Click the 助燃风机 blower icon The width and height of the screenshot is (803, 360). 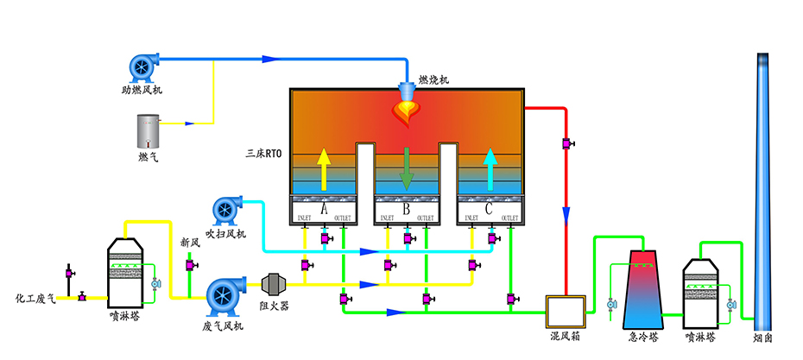(x=143, y=66)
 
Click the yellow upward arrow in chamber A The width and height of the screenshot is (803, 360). (x=323, y=167)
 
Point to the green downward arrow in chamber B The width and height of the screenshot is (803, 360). (x=406, y=167)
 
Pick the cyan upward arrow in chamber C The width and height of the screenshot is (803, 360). (x=490, y=167)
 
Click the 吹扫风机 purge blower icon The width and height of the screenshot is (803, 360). (x=227, y=211)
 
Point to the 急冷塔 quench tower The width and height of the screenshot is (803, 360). (x=642, y=289)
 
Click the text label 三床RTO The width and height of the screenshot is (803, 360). (x=266, y=155)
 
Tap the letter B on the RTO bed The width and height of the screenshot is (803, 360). (x=407, y=208)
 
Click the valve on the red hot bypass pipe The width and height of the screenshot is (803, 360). (x=567, y=142)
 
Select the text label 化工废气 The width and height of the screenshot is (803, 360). (x=35, y=299)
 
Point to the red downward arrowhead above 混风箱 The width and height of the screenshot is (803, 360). (x=566, y=212)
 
